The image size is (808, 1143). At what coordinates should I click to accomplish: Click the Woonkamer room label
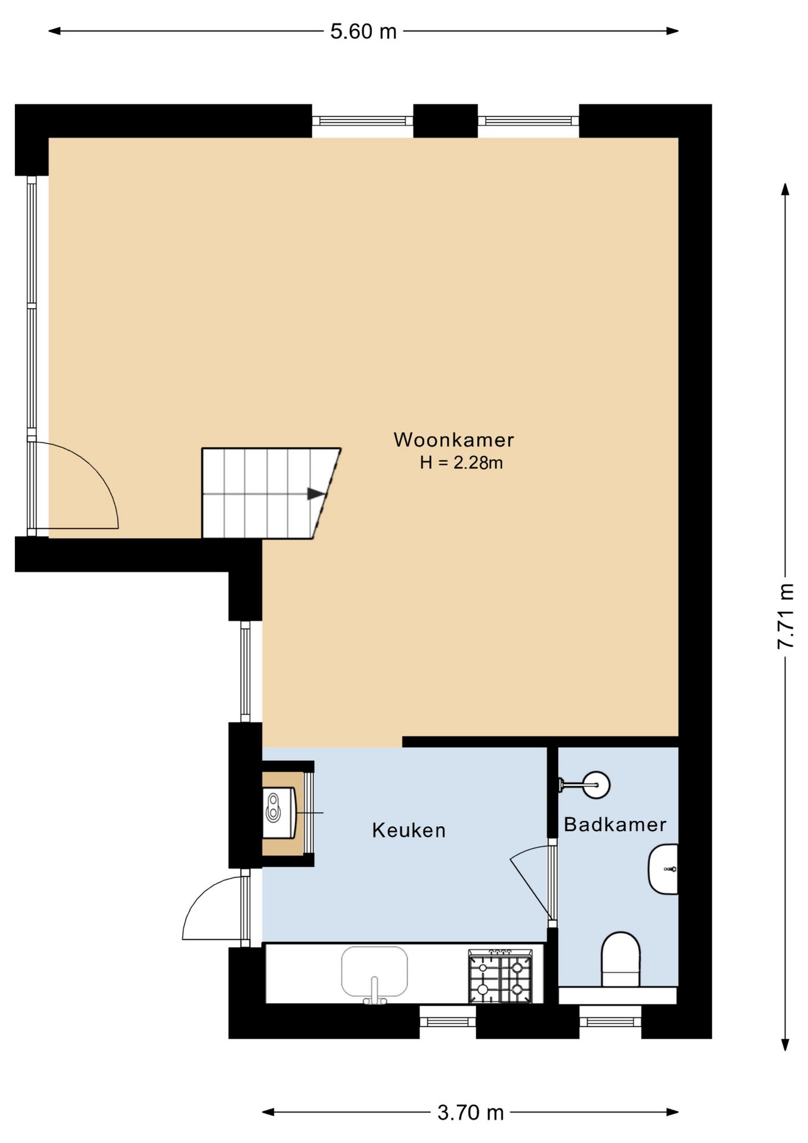(453, 440)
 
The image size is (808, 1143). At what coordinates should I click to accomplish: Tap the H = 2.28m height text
(461, 463)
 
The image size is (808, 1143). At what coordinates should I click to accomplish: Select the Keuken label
(409, 830)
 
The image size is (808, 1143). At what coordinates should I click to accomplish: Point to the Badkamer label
(615, 825)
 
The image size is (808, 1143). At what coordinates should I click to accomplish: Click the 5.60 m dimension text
(364, 32)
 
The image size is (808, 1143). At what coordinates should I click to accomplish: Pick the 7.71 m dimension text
(785, 616)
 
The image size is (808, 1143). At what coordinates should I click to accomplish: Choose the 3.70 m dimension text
(471, 1112)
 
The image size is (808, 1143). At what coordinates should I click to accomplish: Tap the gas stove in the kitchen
(500, 976)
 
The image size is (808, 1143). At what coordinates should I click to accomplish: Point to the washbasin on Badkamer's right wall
(663, 869)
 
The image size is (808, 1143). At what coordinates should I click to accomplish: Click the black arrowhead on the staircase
(316, 494)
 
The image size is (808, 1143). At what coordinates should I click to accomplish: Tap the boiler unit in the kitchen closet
(279, 813)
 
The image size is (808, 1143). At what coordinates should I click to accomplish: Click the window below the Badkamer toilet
(610, 1022)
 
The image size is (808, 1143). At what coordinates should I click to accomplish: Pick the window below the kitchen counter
(447, 1022)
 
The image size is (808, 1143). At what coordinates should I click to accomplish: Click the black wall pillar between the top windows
(445, 121)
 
